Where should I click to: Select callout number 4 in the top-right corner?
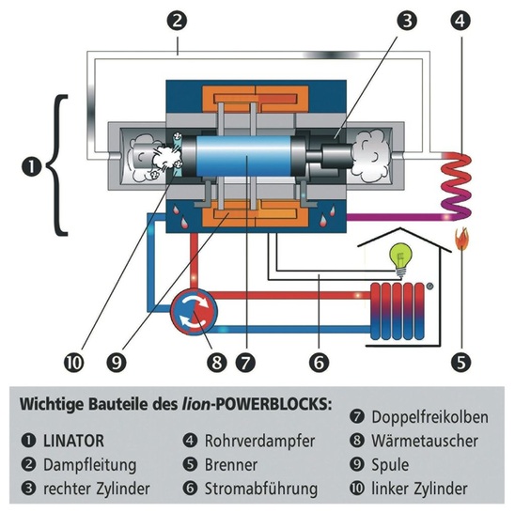461,18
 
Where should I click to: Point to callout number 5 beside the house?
461,358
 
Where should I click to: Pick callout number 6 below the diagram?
320,358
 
